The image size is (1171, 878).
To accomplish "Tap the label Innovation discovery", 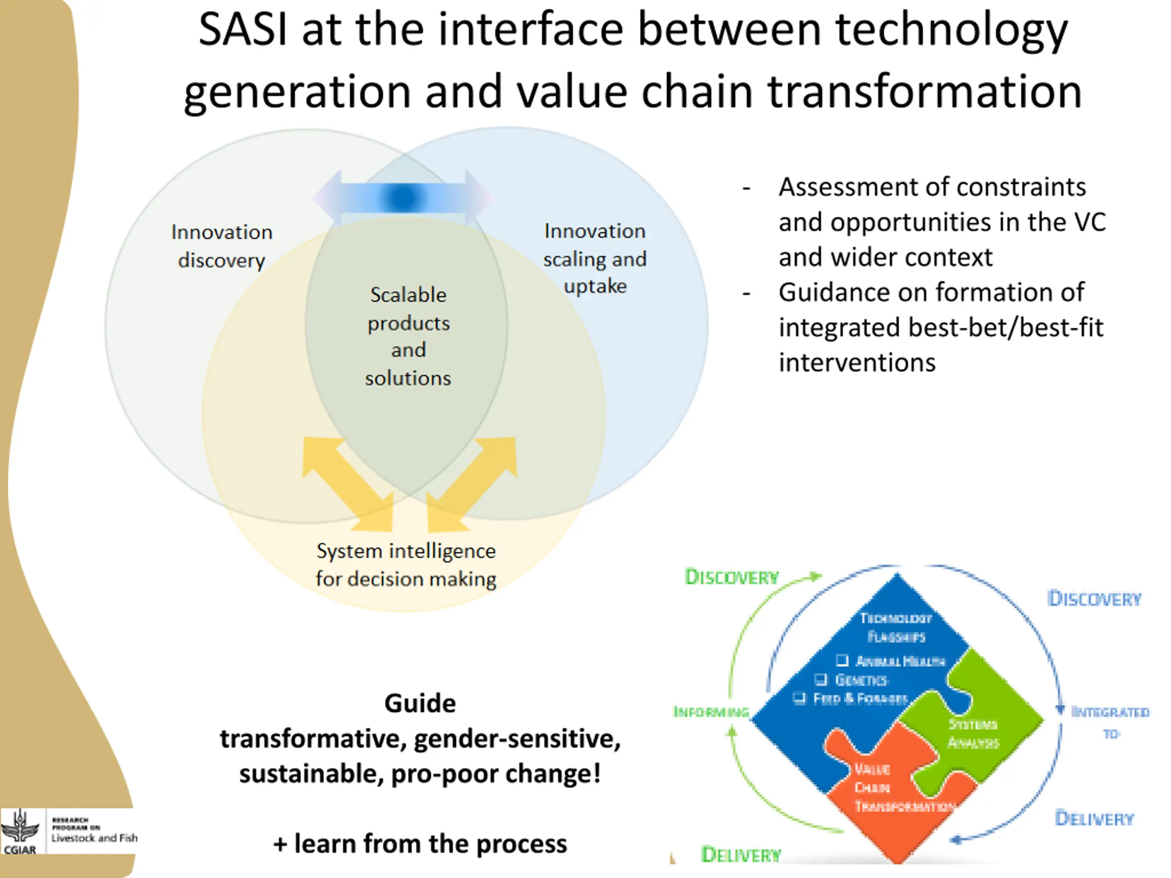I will (221, 246).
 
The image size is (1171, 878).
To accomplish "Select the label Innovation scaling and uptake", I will (595, 258).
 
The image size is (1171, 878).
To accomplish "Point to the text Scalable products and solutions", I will (408, 336).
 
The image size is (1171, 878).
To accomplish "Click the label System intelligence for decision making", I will (406, 565).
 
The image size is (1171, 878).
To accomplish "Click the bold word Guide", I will (420, 703).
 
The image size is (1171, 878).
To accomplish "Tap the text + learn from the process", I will (420, 844).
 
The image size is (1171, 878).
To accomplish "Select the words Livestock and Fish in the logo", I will (94, 838).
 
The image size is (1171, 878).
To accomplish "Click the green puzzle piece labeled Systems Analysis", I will (979, 725).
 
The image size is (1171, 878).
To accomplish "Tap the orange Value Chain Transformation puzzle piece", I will (895, 794).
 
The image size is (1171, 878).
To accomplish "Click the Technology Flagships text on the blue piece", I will (896, 627).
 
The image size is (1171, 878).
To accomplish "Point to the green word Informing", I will (711, 712).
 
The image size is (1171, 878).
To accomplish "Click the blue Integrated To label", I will (1110, 722).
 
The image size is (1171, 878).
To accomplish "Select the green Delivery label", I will (741, 855).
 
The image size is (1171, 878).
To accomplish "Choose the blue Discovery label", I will (1094, 599).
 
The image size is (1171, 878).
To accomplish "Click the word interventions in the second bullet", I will (857, 363).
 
